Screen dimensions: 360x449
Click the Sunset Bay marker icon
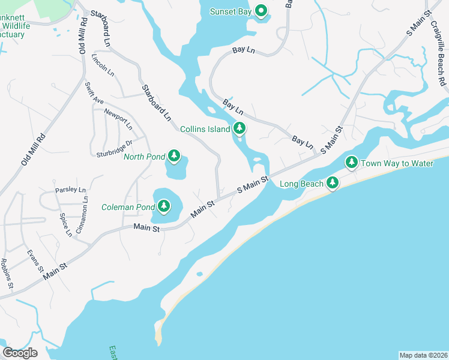coord(261,11)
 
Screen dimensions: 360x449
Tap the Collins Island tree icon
coord(240,128)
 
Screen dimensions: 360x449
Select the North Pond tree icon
coord(174,157)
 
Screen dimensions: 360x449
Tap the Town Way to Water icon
coord(352,163)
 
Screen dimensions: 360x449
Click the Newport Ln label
coord(118,118)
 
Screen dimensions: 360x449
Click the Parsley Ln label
coord(70,190)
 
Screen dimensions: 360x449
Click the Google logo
coord(20,352)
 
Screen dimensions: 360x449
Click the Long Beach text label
coord(302,184)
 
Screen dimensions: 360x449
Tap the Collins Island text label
coord(205,129)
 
